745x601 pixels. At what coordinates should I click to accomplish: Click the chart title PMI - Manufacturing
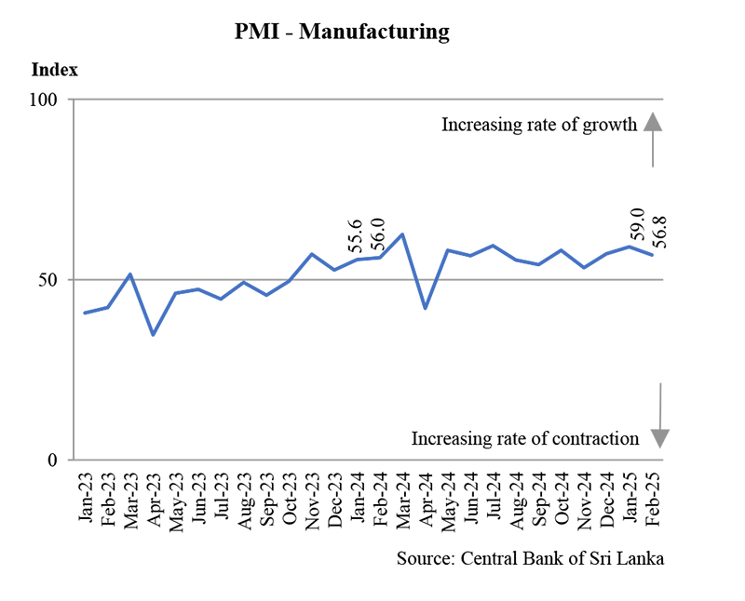342,33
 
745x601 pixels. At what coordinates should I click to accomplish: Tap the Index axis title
55,70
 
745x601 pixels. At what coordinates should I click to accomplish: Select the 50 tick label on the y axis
51,280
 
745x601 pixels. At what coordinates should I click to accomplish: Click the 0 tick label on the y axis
55,460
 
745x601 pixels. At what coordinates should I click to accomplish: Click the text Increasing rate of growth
538,125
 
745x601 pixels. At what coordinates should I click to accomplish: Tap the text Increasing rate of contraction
525,438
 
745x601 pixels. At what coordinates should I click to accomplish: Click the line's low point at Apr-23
153,334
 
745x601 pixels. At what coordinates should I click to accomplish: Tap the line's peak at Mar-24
401,234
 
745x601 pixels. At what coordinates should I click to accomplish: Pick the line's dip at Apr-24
425,308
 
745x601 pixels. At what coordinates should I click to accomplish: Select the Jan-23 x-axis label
86,499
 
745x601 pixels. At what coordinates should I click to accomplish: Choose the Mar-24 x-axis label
402,499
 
